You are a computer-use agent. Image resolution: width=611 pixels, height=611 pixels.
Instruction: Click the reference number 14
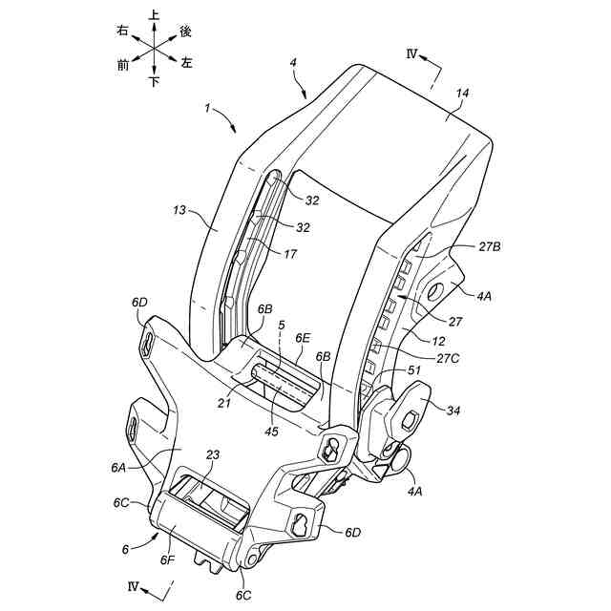tap(462, 94)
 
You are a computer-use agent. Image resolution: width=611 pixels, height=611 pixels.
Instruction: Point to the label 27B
tap(490, 245)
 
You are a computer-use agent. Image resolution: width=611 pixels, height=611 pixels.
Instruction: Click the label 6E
tap(303, 338)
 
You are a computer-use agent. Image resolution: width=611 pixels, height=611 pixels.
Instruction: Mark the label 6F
tap(168, 559)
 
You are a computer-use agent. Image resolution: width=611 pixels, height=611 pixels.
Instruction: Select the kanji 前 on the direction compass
tap(123, 65)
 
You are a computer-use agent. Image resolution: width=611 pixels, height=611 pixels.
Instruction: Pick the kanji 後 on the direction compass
tap(186, 32)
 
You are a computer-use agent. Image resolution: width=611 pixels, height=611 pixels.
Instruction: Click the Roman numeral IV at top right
tap(412, 55)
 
